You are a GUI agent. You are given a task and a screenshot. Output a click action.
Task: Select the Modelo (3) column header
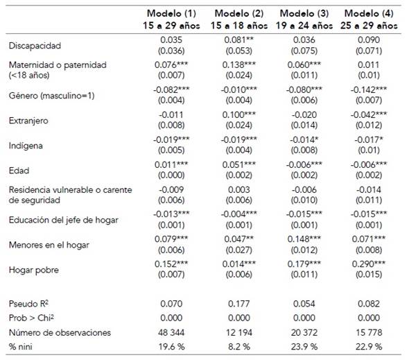306,19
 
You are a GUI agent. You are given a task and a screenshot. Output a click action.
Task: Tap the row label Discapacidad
35,46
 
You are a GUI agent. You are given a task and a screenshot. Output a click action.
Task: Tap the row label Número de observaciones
60,332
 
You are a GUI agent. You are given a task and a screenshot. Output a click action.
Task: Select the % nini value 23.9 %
306,346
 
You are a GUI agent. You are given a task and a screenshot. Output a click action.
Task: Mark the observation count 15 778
371,332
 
